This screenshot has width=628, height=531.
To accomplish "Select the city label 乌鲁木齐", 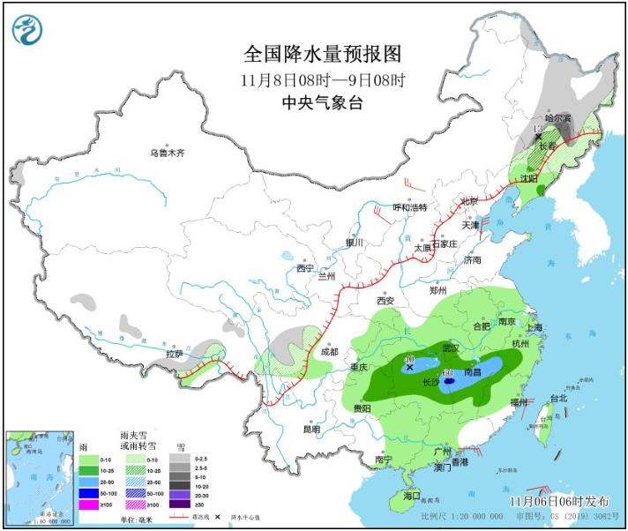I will click(168, 153).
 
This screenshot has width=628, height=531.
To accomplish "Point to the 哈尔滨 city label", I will click(558, 118).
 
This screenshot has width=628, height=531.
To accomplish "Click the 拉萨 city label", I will click(175, 355).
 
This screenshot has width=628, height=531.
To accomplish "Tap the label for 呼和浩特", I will click(409, 208).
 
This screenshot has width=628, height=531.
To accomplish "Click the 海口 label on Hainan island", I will click(412, 496).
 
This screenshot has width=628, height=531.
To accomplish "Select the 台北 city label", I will click(558, 398).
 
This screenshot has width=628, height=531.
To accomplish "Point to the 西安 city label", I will click(386, 301).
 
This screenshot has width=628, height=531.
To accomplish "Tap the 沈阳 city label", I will click(529, 177).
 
